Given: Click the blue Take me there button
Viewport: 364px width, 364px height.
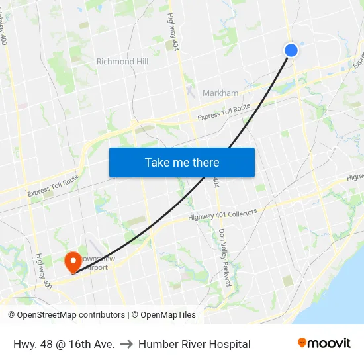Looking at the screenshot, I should pyautogui.click(x=182, y=162).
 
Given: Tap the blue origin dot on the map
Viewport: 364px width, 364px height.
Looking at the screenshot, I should pyautogui.click(x=291, y=50).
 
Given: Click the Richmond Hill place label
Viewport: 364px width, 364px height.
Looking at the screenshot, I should pyautogui.click(x=122, y=62).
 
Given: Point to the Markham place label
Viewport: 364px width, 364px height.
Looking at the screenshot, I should pyautogui.click(x=220, y=93).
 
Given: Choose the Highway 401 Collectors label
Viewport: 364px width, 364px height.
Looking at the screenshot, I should pyautogui.click(x=222, y=214).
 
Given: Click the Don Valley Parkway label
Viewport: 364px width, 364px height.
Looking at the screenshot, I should pyautogui.click(x=225, y=257).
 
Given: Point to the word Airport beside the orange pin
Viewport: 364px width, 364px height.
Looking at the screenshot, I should pyautogui.click(x=96, y=267).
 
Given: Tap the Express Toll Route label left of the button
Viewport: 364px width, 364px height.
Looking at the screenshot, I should pyautogui.click(x=53, y=186).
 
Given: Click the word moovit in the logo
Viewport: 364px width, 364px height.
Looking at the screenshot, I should pyautogui.click(x=330, y=343).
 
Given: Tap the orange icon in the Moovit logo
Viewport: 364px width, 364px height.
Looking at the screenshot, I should pyautogui.click(x=302, y=343).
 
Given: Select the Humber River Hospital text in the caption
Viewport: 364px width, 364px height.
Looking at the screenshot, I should pyautogui.click(x=195, y=344).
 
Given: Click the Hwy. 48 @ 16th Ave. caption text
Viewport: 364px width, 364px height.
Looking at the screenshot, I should pyautogui.click(x=64, y=344).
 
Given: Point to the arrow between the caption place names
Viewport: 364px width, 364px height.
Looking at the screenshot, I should pyautogui.click(x=126, y=344).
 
